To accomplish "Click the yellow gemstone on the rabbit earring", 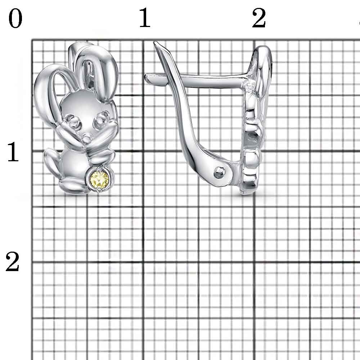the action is pos(100,179).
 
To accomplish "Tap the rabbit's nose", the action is pos(87,137).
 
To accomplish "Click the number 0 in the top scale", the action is pos(15,18).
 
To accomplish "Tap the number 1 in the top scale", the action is pos(145,18).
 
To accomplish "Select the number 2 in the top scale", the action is pos(259,18).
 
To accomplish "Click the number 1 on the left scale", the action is pos(13,152).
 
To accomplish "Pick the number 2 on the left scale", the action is pos(13,262).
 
